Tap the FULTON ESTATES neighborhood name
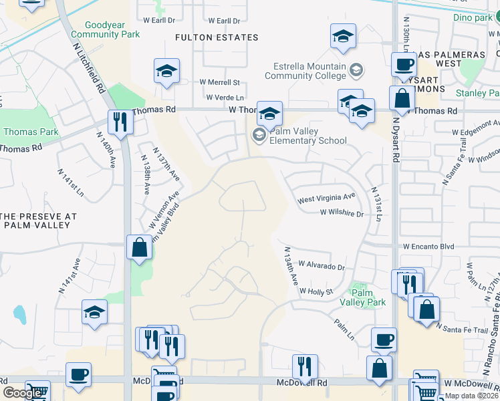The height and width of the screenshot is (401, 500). click(x=217, y=37)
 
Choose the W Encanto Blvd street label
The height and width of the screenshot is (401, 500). click(x=428, y=247)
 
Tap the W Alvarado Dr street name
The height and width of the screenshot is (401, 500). click(x=322, y=266)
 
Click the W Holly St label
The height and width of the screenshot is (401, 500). click(x=316, y=291)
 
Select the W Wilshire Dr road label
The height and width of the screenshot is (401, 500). click(x=342, y=214)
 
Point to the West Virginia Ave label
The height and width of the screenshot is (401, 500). click(x=327, y=198)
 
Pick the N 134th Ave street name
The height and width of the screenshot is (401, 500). click(x=289, y=265)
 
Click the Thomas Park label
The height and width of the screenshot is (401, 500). click(x=24, y=132)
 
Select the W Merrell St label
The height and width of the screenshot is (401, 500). click(x=219, y=82)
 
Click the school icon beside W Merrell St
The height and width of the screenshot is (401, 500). click(x=166, y=71)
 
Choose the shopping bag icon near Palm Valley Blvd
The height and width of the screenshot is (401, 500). click(x=139, y=247)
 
